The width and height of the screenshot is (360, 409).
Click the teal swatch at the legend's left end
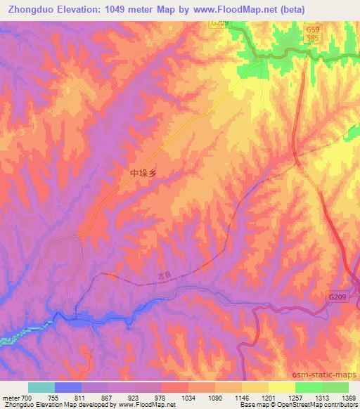point(41,387)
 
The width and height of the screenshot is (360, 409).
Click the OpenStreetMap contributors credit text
point(313,405)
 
